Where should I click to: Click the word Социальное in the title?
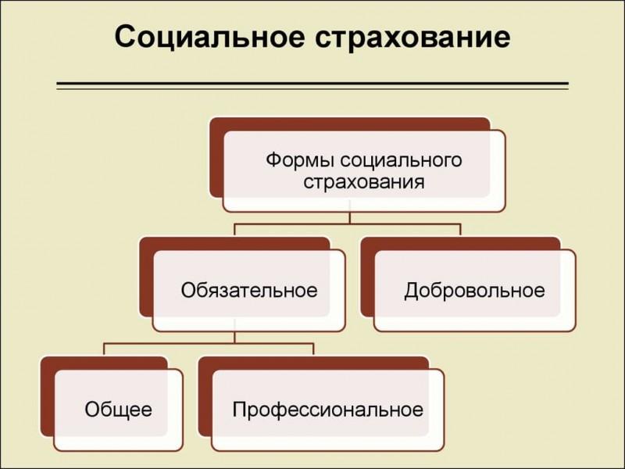pos(210,37)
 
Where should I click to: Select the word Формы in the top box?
pos(301,160)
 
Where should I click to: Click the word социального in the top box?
pos(402,161)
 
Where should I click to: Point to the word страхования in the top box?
pos(364,182)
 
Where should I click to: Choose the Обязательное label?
pos(249,290)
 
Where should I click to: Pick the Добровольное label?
pos(474,290)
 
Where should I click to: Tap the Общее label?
pos(119,409)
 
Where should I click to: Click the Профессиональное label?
pos(327,410)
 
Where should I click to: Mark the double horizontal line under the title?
pos(312,86)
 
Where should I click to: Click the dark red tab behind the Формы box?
pos(216,157)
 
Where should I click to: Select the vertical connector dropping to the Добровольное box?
pos(460,230)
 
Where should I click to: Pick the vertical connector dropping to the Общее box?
pos(104,349)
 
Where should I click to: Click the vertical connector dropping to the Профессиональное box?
pos(313,349)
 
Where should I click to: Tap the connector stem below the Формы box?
pos(349,218)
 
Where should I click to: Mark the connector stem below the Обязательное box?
pos(235,337)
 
